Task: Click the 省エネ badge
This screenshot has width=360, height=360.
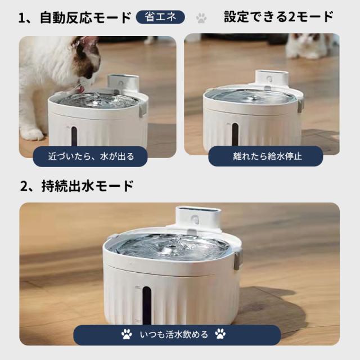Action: click(160, 17)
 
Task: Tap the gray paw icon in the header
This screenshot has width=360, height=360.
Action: click(201, 18)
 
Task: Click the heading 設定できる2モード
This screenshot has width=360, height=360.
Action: click(278, 17)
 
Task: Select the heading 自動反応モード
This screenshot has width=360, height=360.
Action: click(85, 17)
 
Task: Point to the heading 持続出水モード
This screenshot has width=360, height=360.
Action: click(88, 186)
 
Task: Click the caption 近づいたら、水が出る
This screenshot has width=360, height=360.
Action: click(91, 156)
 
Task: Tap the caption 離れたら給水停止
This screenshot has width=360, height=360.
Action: click(268, 156)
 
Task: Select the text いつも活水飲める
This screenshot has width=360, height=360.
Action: click(174, 335)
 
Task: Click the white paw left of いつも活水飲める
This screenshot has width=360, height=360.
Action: click(127, 334)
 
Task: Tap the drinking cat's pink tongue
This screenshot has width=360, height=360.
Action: click(80, 89)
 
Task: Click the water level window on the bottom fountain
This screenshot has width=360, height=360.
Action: click(146, 304)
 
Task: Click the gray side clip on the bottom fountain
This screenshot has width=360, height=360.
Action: click(238, 259)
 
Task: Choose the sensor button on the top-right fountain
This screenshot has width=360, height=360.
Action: click(269, 79)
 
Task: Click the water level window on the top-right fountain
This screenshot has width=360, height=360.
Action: click(235, 134)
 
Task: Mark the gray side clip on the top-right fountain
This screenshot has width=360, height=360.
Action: click(301, 106)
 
